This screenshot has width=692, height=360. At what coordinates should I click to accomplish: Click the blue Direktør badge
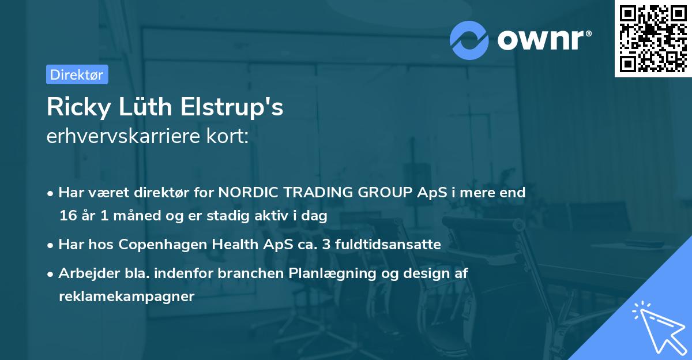77,74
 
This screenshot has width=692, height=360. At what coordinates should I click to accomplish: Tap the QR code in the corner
653,39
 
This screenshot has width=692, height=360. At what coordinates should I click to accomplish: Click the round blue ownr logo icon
469,40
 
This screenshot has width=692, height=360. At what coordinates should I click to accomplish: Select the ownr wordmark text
544,40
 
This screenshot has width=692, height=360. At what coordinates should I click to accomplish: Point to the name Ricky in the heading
79,107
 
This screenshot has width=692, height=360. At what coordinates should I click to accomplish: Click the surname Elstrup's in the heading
232,107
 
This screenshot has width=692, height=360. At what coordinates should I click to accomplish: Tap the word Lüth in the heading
145,107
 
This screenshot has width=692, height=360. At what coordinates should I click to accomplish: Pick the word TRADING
318,192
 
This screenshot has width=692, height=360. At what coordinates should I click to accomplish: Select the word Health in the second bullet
235,244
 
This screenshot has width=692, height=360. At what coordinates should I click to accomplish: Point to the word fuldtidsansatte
388,244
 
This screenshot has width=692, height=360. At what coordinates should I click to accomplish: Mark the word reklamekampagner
127,297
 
